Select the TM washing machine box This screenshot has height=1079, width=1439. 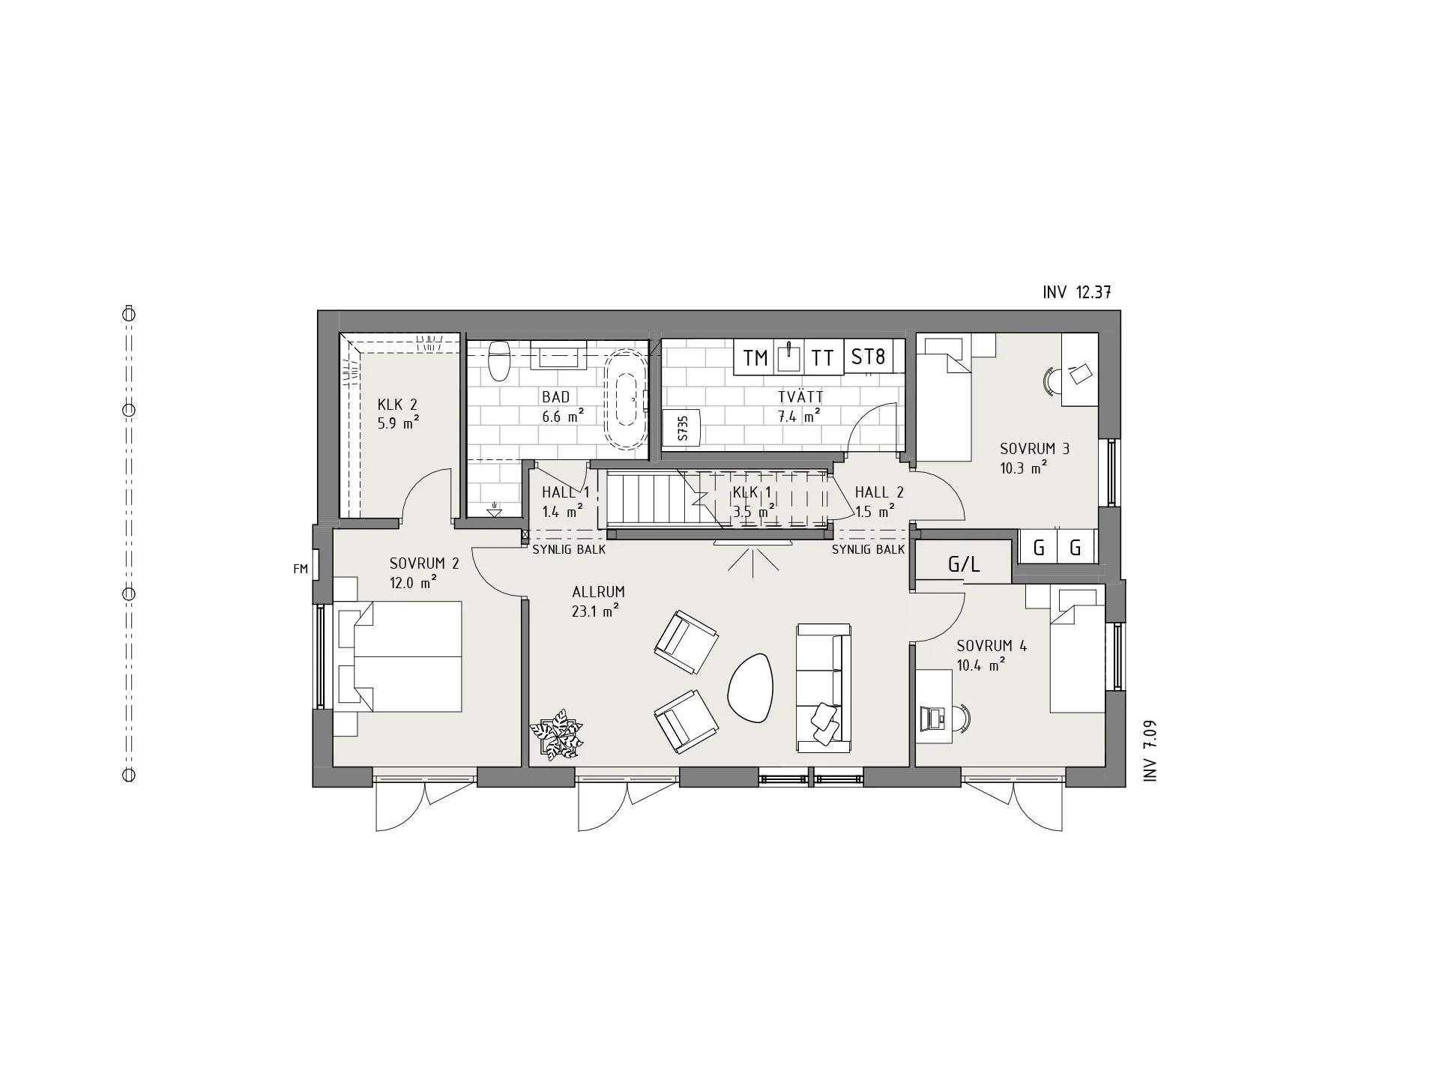tap(755, 358)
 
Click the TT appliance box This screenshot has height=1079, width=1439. tap(823, 358)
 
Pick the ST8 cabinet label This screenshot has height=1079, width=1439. tap(868, 357)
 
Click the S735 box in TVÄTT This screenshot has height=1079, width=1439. tap(682, 428)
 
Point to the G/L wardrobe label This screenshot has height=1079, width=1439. tap(964, 565)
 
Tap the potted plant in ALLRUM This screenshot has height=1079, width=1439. tap(556, 737)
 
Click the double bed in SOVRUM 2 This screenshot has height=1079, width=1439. tap(405, 656)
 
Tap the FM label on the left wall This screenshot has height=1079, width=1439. tap(301, 569)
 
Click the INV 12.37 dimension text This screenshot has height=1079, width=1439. tap(1076, 293)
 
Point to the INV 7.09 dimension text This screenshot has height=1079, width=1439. tap(1150, 751)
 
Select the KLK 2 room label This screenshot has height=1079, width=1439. tap(397, 405)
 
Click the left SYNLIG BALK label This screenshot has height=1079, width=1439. tap(569, 549)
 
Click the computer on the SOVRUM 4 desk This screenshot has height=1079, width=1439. tap(933, 718)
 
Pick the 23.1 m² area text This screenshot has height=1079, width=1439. tap(595, 611)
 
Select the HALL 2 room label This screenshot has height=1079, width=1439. tap(879, 492)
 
